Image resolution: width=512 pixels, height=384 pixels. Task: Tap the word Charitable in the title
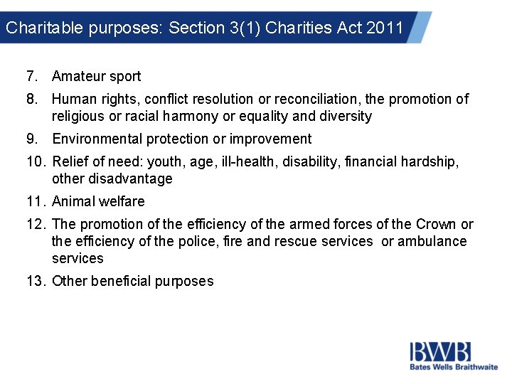tap(36, 28)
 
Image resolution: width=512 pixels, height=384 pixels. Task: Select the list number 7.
tap(31, 76)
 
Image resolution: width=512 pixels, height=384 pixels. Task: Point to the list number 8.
tap(31, 99)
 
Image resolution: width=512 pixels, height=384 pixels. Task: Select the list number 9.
tap(31, 139)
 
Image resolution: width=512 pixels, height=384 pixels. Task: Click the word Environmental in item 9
tap(97, 139)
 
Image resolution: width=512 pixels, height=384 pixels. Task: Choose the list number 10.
tap(35, 161)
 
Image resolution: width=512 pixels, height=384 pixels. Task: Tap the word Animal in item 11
tap(73, 201)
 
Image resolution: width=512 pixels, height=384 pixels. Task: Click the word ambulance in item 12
tap(432, 241)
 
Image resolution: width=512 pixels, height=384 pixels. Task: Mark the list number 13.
tap(35, 281)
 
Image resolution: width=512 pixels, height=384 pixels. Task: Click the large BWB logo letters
tap(439, 351)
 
